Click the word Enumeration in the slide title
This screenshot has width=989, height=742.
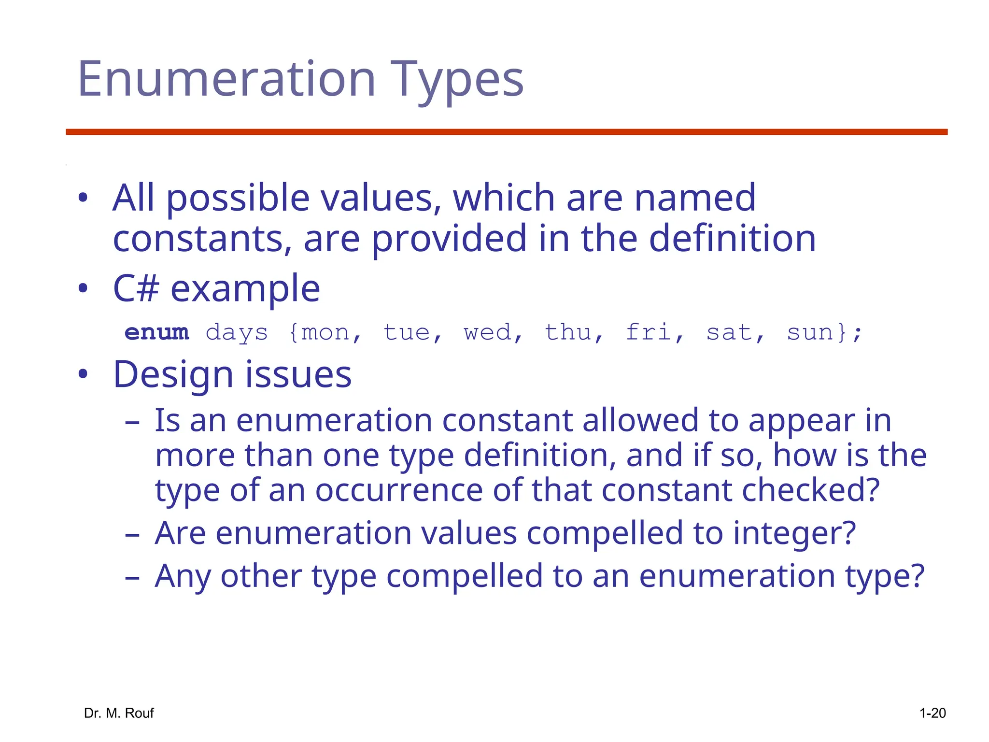pos(226,79)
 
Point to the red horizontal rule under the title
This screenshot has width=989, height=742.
pos(506,132)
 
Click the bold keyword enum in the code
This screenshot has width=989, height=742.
pos(156,332)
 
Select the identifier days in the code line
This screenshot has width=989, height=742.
pos(237,333)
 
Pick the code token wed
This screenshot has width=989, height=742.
pos(487,332)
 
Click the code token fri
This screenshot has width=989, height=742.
pos(649,332)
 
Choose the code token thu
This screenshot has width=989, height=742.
pos(568,332)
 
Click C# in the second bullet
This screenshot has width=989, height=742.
pos(136,288)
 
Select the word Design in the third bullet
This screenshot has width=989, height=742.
pos(173,374)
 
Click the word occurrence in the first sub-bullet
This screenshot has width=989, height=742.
pos(399,490)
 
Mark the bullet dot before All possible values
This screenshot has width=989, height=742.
pos(83,198)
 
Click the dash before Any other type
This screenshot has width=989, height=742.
pos(132,577)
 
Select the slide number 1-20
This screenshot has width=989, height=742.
pos(932,713)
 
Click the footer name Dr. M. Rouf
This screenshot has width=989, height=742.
pos(119,713)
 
